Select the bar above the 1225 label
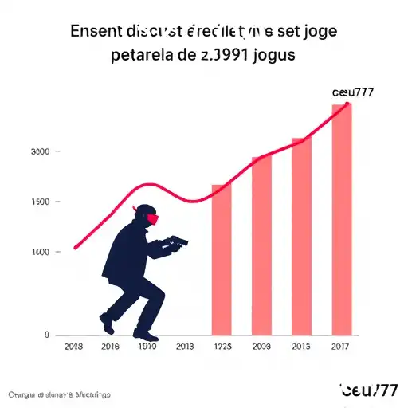pos(222,259)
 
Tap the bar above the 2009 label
pos(261,245)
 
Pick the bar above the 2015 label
pos(301,236)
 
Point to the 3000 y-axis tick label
pos(40,151)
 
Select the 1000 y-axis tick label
pos(40,253)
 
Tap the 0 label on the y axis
pos(47,335)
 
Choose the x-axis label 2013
pos(185,347)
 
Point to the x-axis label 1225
pos(222,347)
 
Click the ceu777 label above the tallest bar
pos(352,92)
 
